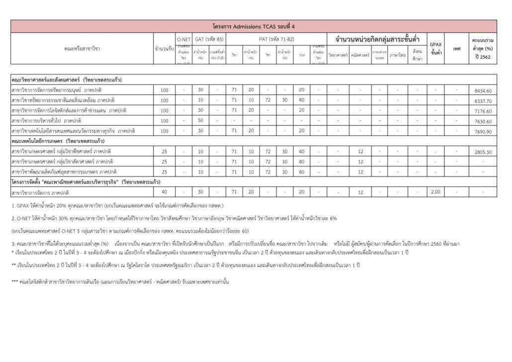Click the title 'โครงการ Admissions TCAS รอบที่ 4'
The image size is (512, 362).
254,26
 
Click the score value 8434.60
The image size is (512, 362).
483,90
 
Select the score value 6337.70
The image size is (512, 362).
483,100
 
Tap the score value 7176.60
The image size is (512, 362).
483,111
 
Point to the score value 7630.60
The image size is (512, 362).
483,121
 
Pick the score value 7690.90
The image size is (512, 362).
483,131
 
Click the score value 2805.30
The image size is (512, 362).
483,152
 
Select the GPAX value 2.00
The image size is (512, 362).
435,192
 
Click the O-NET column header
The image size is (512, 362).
183,39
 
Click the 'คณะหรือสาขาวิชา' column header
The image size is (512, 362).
83,49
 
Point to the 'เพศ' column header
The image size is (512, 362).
457,49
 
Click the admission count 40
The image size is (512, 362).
165,192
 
